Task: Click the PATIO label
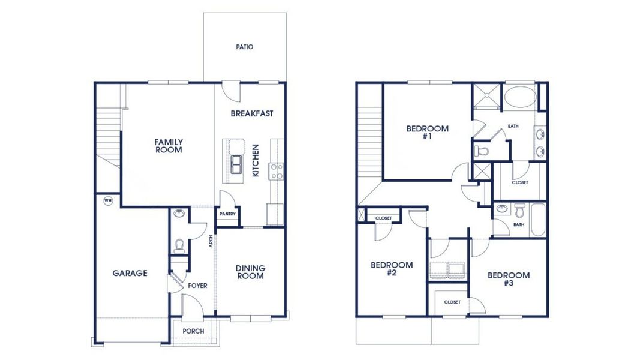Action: click(244, 47)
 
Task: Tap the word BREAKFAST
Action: click(252, 113)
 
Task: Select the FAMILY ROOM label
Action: click(169, 146)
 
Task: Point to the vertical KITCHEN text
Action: click(256, 160)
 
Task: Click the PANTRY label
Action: click(227, 214)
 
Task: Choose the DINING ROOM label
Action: click(250, 272)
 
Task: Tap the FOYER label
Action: click(197, 286)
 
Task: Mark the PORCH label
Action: click(193, 331)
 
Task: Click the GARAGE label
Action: click(130, 273)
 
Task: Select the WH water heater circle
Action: click(108, 200)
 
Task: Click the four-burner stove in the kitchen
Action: click(277, 172)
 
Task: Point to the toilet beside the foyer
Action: click(178, 245)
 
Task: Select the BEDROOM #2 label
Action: click(391, 269)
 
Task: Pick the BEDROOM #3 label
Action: click(508, 279)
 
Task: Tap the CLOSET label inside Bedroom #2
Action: click(383, 218)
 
